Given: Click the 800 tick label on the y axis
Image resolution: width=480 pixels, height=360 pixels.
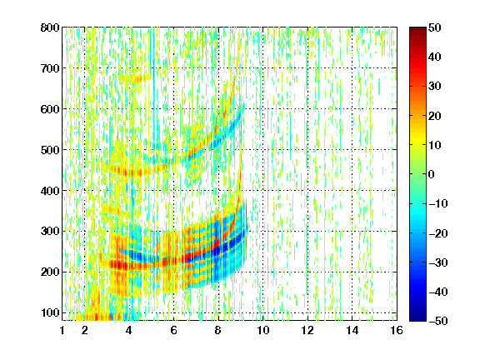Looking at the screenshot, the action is [50, 27].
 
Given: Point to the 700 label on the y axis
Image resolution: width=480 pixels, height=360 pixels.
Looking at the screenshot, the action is [50, 68].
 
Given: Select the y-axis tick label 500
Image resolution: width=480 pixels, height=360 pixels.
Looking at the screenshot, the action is [50, 150].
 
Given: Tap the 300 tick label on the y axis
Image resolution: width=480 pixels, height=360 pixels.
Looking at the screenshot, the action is [50, 232].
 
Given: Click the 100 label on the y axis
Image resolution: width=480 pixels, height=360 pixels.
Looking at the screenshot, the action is [50, 312].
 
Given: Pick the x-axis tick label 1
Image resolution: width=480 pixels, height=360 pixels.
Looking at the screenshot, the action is [62, 330].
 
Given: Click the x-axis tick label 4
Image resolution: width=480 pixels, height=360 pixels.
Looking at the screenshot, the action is [129, 330].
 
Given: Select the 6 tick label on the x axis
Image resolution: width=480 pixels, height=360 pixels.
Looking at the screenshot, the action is [173, 330].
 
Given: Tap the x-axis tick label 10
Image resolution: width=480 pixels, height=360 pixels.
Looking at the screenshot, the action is [262, 330].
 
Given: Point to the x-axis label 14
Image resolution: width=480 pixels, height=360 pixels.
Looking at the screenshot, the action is [352, 330].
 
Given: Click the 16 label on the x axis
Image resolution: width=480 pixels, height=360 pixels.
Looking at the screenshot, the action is [397, 330].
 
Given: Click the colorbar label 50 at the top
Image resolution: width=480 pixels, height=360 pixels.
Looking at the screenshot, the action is [435, 27].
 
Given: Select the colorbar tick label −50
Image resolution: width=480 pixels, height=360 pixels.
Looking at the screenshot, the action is [438, 321].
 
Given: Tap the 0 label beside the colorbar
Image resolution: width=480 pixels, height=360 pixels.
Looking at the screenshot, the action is [432, 174].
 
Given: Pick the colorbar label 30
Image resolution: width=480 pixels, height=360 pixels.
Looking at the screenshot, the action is [435, 87].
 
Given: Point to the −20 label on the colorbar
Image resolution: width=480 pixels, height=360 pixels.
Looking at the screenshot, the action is [438, 233].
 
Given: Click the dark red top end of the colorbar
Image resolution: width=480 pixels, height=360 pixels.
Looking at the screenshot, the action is [417, 29].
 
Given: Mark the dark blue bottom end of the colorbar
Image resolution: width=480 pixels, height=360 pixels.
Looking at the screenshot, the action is [417, 319].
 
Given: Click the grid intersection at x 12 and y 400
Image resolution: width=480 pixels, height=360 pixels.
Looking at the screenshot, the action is [307, 190].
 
